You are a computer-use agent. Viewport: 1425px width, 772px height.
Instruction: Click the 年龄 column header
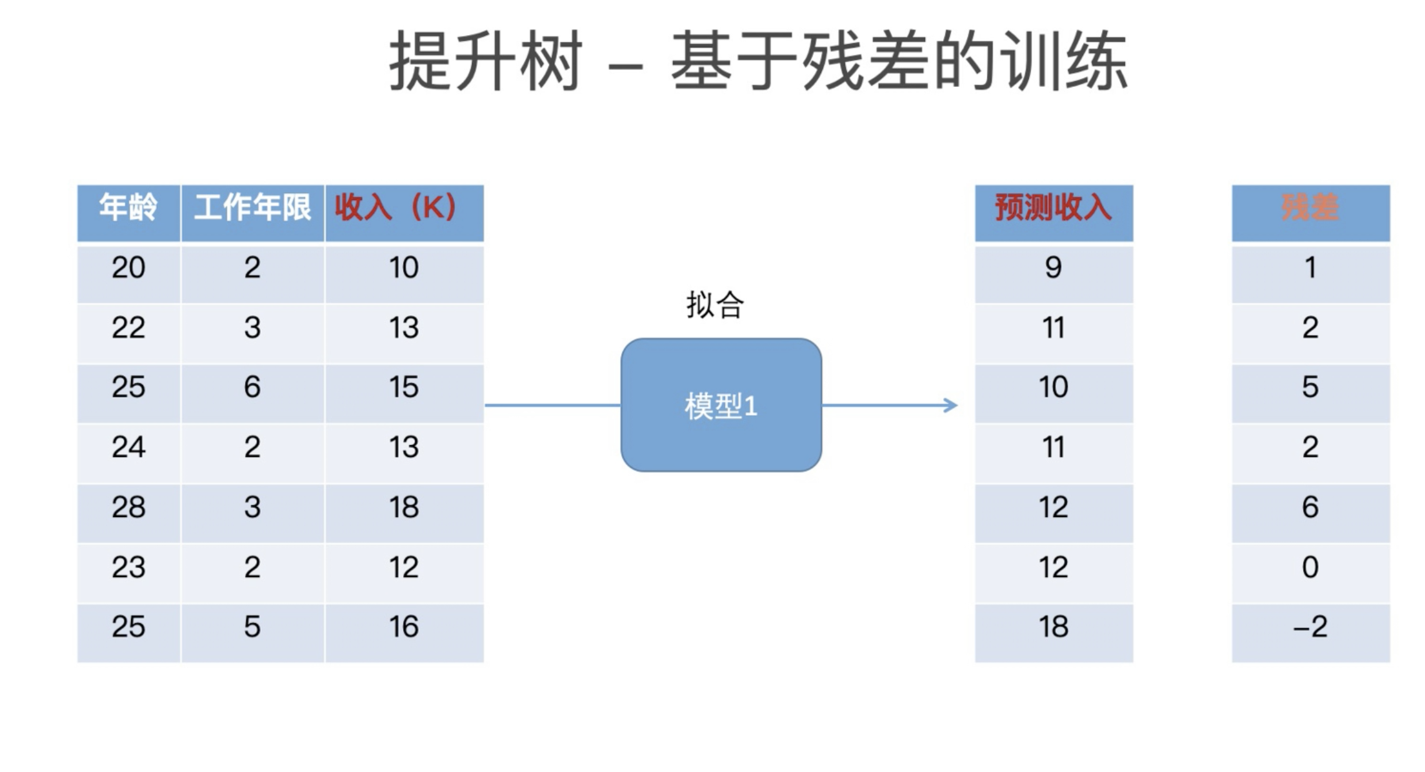[128, 208]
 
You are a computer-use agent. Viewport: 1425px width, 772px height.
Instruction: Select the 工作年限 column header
[252, 208]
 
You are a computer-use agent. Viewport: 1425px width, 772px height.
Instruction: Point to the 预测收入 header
[1053, 208]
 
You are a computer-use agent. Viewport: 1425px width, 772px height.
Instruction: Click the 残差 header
[1310, 208]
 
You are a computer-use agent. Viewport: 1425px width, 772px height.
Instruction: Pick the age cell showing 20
[128, 268]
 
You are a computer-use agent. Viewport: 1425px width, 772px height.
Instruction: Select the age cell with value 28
[128, 507]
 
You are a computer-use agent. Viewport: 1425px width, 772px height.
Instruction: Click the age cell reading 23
[128, 567]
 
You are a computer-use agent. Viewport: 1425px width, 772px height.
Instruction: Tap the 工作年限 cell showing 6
[252, 388]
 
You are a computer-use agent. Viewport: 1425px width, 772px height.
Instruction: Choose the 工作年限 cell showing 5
[252, 627]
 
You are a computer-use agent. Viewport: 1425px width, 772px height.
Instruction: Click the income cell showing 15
[403, 388]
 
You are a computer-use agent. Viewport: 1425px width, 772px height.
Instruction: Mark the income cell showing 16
[403, 627]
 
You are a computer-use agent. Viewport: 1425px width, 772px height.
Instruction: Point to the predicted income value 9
[1053, 268]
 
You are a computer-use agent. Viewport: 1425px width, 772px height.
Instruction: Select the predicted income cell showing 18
[1053, 627]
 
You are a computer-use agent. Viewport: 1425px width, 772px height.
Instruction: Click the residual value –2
[1310, 627]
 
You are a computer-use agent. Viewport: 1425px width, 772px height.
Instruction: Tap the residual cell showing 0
[1310, 567]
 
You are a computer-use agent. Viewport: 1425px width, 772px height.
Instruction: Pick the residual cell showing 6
[1310, 507]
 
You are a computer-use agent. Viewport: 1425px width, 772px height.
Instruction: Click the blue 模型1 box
[721, 405]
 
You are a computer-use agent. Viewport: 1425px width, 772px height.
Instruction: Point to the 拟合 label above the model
[714, 306]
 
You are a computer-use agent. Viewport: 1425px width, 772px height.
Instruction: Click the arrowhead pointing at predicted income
[951, 405]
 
